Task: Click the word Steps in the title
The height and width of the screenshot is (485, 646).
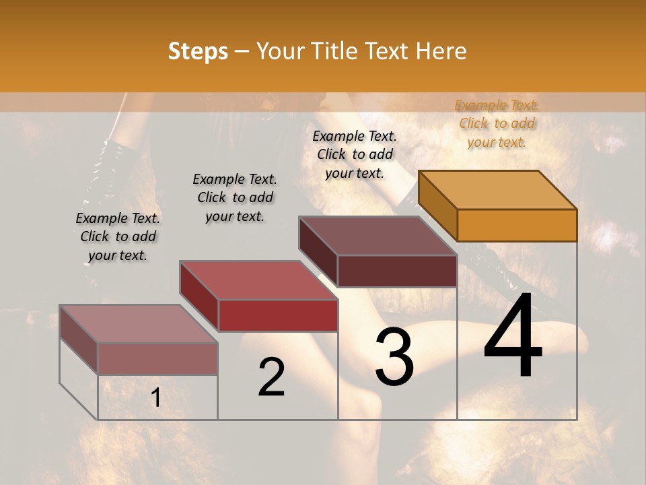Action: [x=198, y=51]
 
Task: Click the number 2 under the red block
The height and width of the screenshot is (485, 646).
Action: [x=272, y=377]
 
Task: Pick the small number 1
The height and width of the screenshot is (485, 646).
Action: [x=155, y=398]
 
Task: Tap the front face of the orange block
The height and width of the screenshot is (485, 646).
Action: [x=517, y=225]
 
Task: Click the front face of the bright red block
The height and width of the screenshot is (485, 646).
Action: [x=278, y=315]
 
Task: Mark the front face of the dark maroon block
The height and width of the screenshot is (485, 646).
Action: [x=397, y=271]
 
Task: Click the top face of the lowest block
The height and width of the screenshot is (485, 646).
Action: [x=139, y=323]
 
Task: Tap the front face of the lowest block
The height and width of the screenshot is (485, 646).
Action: [x=157, y=358]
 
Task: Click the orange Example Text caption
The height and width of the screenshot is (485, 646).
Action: [x=497, y=123]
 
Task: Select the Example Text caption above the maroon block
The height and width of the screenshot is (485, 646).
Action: [x=355, y=154]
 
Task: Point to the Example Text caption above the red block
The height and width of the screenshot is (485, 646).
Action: [x=235, y=197]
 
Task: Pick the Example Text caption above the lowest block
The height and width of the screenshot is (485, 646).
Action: [x=118, y=236]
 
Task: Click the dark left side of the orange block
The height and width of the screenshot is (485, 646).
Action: [x=437, y=205]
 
